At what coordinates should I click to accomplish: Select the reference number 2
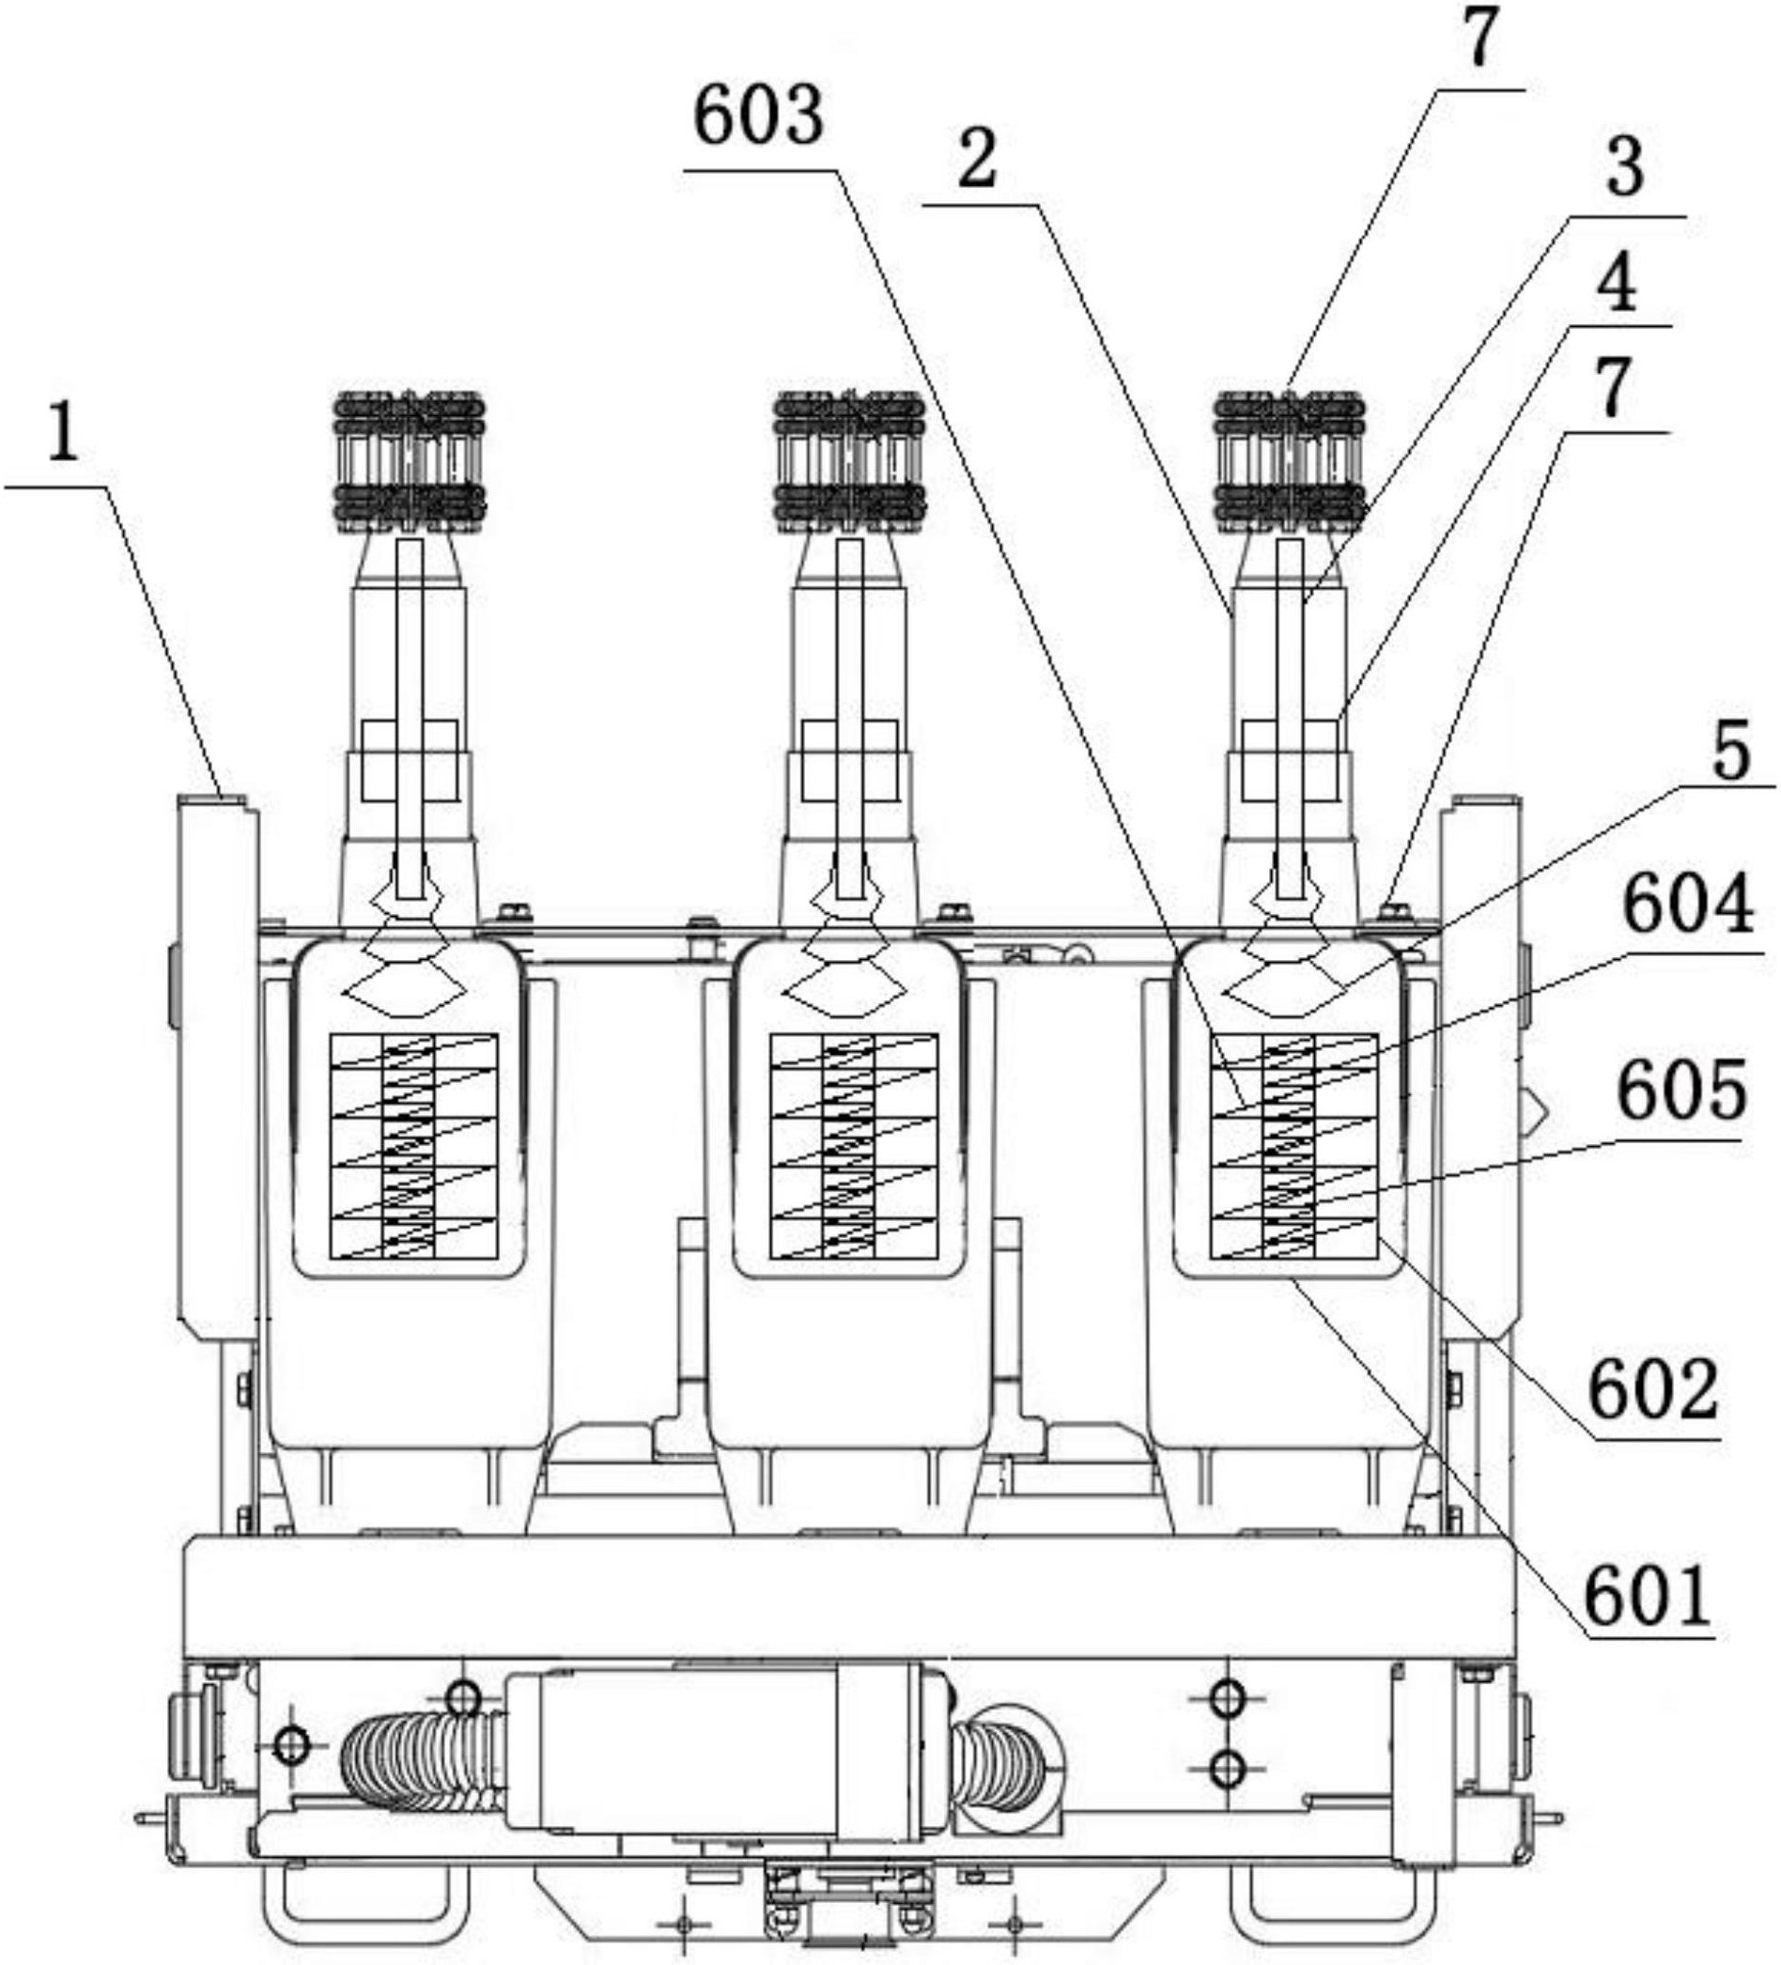click(977, 160)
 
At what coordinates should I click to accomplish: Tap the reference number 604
click(1687, 906)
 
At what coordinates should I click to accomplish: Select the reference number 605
click(1681, 1092)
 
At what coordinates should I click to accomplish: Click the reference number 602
click(1653, 1392)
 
